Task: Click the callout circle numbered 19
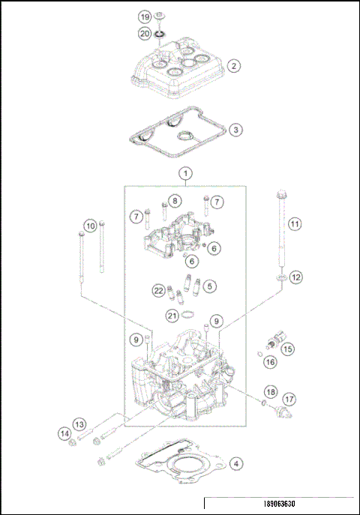[145, 16]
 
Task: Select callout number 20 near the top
[145, 33]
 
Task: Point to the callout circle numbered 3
[235, 130]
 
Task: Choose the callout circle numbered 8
[174, 201]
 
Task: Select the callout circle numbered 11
[294, 223]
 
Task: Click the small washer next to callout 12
[280, 279]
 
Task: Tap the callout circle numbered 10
[90, 225]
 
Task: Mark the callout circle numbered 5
[211, 286]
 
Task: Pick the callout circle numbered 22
[158, 290]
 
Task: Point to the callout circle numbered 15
[288, 348]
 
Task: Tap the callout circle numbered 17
[289, 399]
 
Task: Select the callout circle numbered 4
[235, 463]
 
